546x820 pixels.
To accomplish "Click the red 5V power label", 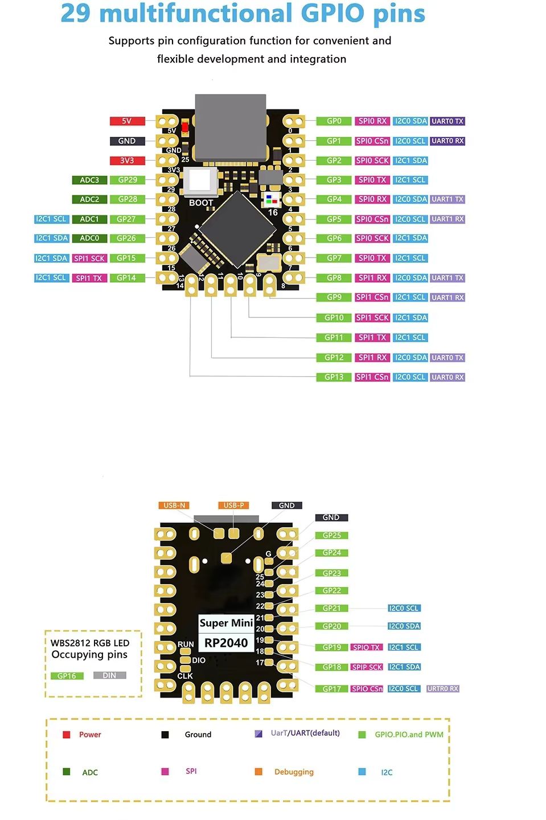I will point(127,121).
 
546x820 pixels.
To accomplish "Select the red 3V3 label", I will point(127,161).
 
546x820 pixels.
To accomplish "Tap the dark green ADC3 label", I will point(89,180).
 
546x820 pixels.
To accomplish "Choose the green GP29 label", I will point(128,180).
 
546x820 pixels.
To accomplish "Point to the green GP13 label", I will point(334,377).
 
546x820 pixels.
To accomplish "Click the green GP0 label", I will point(334,121).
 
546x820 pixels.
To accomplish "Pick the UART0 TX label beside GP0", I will point(448,121).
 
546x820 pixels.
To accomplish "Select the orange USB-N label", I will point(174,505).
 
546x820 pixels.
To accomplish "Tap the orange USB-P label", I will point(233,505).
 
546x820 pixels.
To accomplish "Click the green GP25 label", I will point(331,536).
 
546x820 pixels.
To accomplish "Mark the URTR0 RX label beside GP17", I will point(442,689).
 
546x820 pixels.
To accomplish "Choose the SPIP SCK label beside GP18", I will point(367,667).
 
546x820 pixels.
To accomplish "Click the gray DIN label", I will point(109,675).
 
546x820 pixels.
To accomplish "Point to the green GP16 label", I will point(67,676).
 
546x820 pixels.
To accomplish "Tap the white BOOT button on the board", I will point(199,181).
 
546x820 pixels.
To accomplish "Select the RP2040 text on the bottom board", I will point(226,643).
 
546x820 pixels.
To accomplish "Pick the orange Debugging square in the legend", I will point(258,772).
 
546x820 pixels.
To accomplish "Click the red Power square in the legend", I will point(67,735).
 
